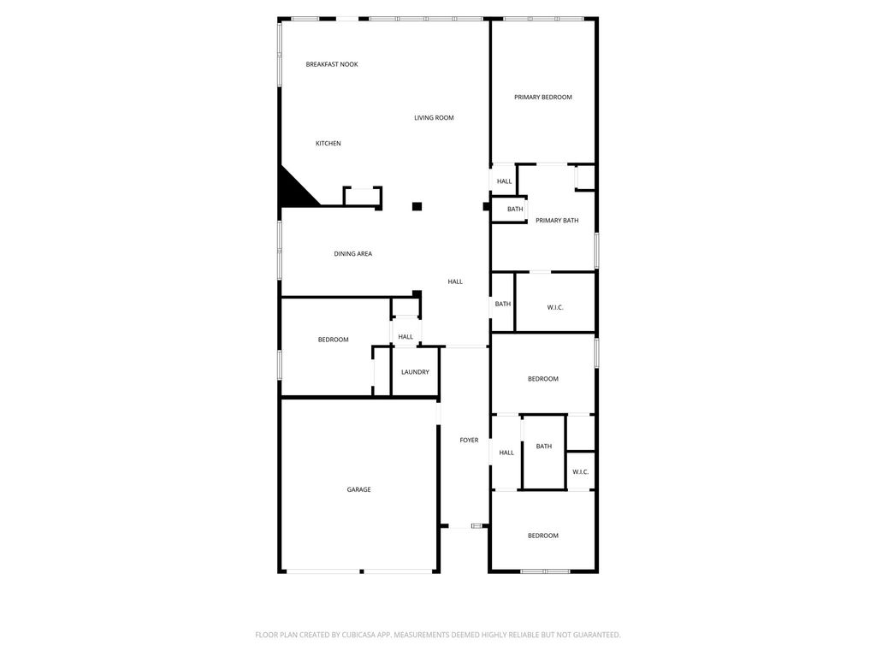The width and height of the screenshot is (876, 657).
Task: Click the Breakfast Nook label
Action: tap(332, 64)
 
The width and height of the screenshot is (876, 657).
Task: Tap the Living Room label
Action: tap(434, 118)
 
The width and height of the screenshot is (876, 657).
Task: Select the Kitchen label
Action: tap(328, 144)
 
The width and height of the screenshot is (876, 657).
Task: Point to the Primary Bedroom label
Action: tap(543, 98)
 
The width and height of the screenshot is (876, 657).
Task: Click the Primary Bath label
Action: tap(557, 221)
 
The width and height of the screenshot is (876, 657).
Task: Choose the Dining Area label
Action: tap(353, 253)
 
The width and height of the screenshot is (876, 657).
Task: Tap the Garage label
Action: tap(358, 489)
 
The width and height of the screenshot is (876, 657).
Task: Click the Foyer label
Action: tap(470, 441)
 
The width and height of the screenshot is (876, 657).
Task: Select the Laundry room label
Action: tap(415, 372)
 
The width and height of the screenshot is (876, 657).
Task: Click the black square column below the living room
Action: tap(417, 207)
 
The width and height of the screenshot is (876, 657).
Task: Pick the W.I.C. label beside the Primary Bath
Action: tap(555, 308)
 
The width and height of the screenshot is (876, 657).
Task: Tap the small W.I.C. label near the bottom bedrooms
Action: tap(581, 472)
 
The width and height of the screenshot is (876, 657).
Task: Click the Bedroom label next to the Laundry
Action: tap(333, 340)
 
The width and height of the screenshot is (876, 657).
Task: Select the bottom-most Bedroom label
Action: tap(543, 536)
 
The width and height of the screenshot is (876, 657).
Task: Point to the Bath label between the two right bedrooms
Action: tap(543, 447)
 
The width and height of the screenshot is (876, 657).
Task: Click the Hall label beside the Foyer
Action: tap(506, 453)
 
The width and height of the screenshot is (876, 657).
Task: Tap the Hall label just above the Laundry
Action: tap(405, 337)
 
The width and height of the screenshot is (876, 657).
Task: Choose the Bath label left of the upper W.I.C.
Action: tap(503, 304)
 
